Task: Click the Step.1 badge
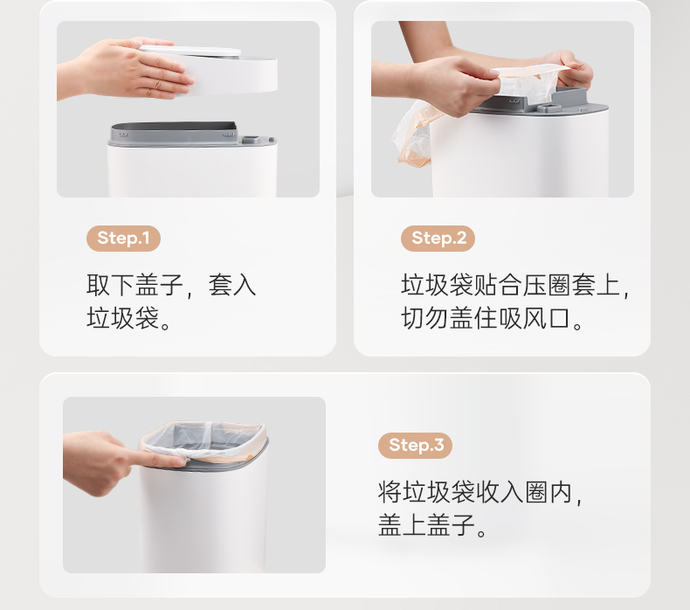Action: point(123,239)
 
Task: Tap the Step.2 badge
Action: point(438,239)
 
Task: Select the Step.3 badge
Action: point(416,446)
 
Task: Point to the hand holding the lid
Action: point(128,68)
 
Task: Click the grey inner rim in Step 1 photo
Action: point(174,132)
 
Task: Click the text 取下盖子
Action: point(135,285)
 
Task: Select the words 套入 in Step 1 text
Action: point(232,285)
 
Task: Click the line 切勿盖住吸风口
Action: point(492,318)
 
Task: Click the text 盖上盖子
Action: point(427,525)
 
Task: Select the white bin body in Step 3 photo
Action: point(204,520)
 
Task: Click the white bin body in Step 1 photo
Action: point(192,172)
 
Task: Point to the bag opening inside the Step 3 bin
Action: point(203,440)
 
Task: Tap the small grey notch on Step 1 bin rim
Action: point(251,140)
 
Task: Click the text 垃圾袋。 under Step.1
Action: point(128,318)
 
